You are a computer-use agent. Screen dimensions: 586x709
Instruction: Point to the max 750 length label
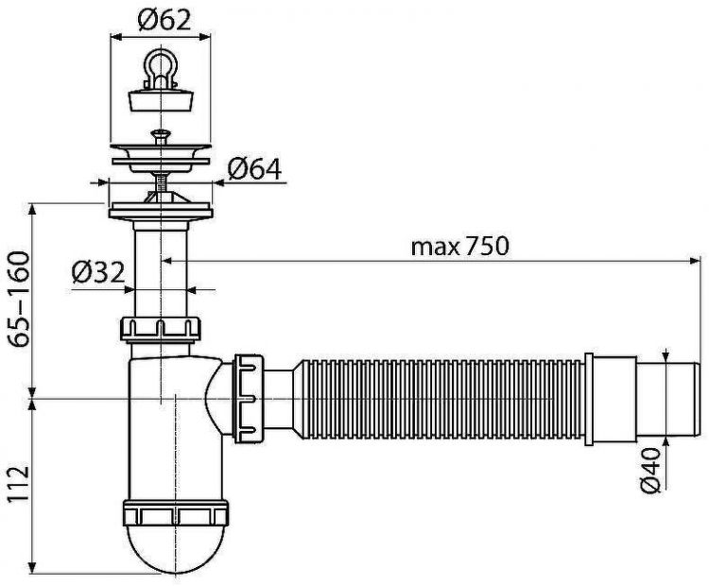click(x=460, y=247)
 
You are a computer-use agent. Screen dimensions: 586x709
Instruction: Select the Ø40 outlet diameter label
click(x=650, y=470)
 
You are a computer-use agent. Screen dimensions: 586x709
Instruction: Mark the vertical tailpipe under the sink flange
click(x=162, y=274)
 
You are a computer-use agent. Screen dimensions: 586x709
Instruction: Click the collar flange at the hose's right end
click(x=591, y=398)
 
